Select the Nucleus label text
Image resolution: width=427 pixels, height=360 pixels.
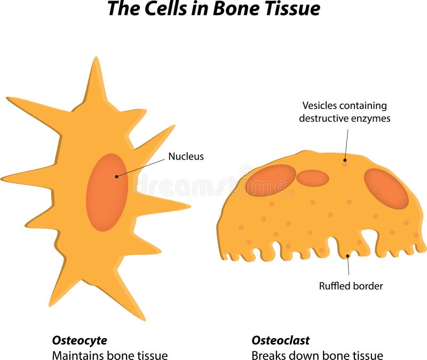tap(186, 156)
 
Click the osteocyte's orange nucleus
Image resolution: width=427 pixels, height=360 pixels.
tap(107, 192)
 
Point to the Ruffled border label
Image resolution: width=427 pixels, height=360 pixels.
tap(351, 286)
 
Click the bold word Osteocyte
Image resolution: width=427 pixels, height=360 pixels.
tap(80, 340)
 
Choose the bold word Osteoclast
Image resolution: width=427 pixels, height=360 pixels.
tap(280, 340)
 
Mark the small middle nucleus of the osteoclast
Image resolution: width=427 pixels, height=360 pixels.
tap(312, 178)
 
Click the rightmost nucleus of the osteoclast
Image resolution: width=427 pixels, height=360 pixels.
tap(386, 189)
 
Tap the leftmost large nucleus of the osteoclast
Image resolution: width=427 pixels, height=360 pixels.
tap(271, 180)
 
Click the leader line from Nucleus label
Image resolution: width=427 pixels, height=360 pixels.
tap(141, 166)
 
